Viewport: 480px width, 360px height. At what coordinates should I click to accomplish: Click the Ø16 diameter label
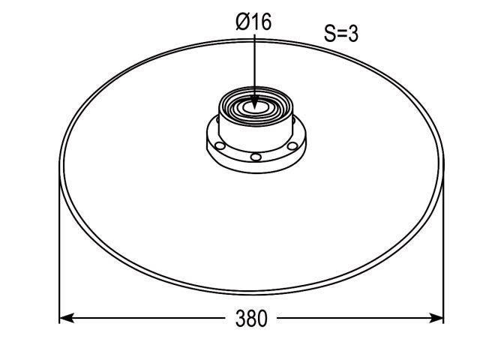click(253, 22)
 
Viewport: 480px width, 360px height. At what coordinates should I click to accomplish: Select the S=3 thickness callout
click(340, 33)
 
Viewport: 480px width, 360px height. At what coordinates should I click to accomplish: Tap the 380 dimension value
click(251, 318)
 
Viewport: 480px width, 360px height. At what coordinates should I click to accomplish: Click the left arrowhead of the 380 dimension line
click(67, 318)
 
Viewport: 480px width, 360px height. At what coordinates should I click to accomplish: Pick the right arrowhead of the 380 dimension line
click(436, 318)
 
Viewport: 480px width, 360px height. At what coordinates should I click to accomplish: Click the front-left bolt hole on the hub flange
click(220, 145)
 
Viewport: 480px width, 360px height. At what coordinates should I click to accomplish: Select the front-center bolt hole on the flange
click(256, 157)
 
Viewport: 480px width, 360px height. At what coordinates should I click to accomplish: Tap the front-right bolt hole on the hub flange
click(292, 146)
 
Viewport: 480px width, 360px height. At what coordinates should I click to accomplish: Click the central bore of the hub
click(256, 108)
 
